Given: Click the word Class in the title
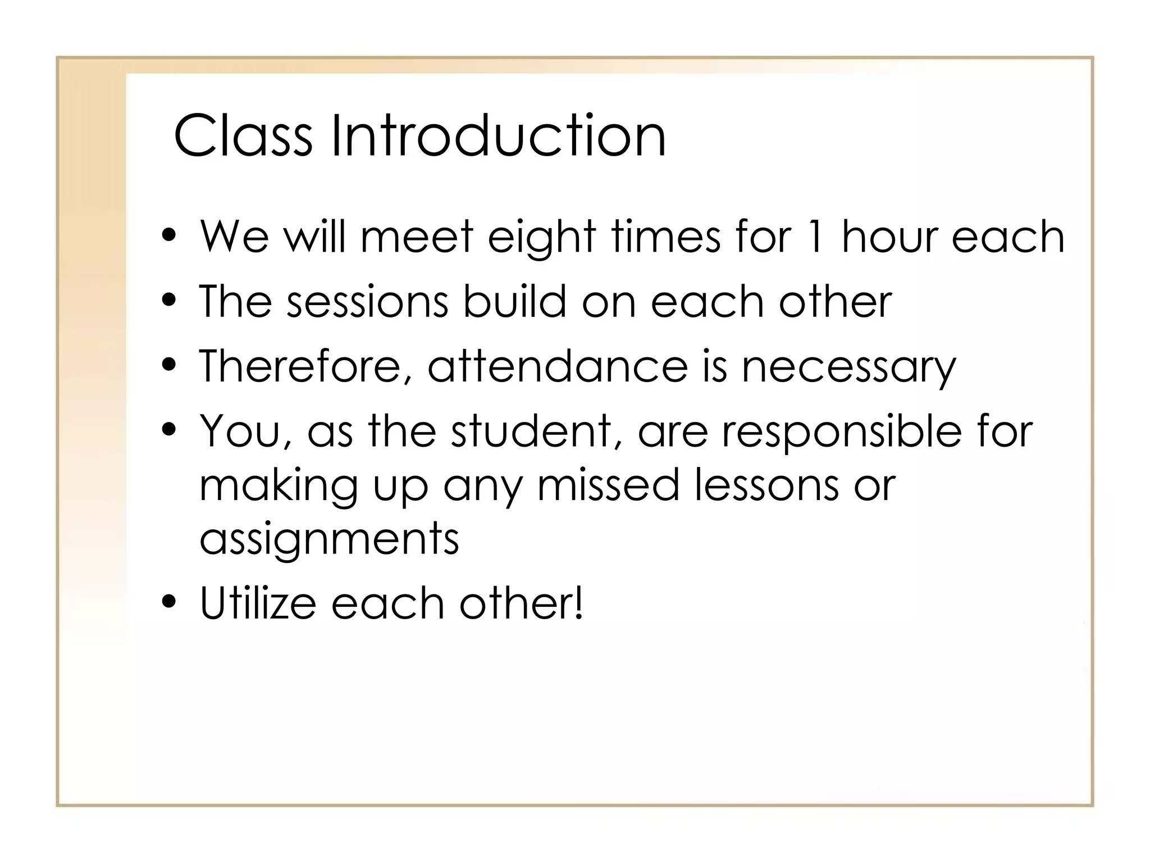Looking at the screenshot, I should (x=243, y=136).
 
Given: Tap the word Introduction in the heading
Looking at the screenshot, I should (x=498, y=136).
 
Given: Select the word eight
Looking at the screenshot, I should (x=541, y=237).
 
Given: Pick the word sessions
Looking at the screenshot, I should (x=367, y=302).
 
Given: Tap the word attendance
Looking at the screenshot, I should (x=557, y=367).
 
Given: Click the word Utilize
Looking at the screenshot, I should (x=258, y=603).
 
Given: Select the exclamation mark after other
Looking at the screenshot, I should (x=579, y=602).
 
